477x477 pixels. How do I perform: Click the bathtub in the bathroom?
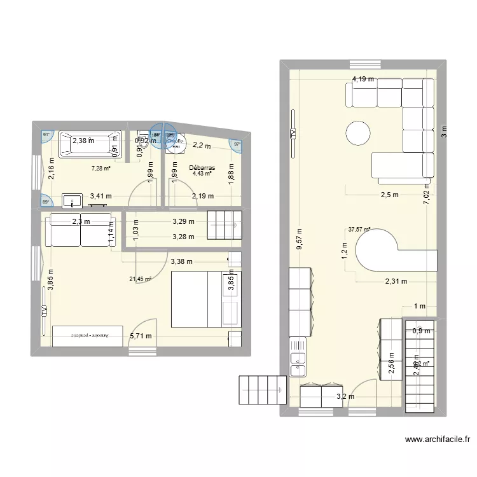pyautogui.click(x=90, y=144)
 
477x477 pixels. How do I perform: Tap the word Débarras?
pyautogui.click(x=203, y=169)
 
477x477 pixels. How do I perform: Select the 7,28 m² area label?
pyautogui.click(x=100, y=169)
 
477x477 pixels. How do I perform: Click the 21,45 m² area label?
pyautogui.click(x=140, y=279)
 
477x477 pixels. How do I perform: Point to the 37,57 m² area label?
pyautogui.click(x=359, y=230)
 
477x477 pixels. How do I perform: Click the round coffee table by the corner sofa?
pyautogui.click(x=358, y=134)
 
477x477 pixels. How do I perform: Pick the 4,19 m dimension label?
pyautogui.click(x=363, y=79)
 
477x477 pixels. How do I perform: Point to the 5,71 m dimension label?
pyautogui.click(x=141, y=336)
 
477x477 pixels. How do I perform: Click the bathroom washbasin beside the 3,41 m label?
pyautogui.click(x=73, y=202)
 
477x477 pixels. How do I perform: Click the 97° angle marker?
pyautogui.click(x=237, y=144)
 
